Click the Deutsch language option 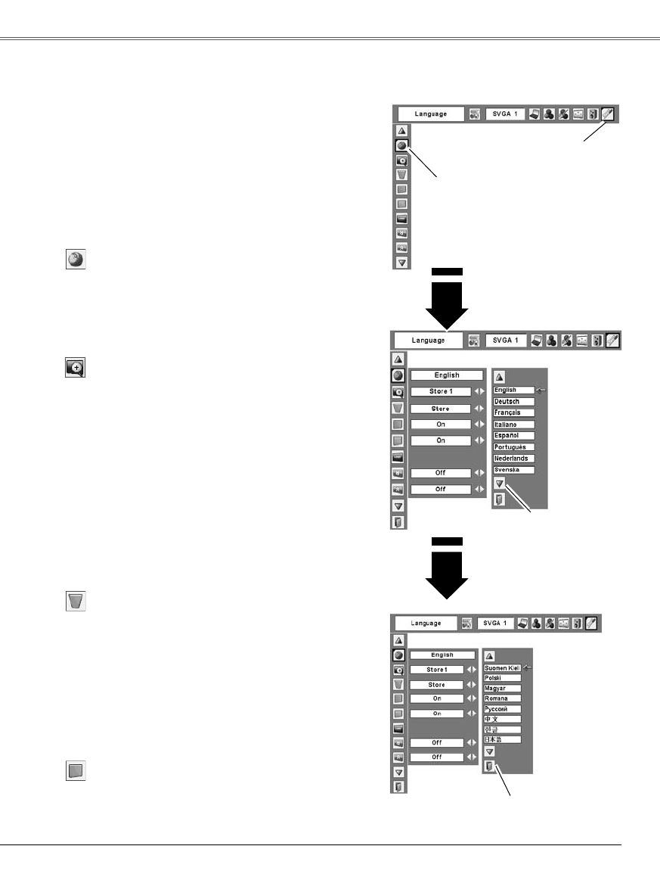[x=513, y=401]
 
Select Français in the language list [x=513, y=412]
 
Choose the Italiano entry [x=513, y=425]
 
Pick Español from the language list [x=513, y=436]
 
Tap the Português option [x=513, y=447]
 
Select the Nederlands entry [x=513, y=459]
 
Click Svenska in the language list [x=513, y=470]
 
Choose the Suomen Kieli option [x=503, y=668]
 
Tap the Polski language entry [x=503, y=679]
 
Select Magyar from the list [x=503, y=689]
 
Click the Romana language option [x=503, y=698]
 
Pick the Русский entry [x=503, y=709]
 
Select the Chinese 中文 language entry [x=503, y=719]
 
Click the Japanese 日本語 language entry [x=503, y=739]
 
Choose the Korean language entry [x=503, y=729]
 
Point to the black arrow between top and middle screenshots [x=447, y=299]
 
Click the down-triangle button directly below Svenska [x=499, y=483]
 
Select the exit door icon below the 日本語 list [x=489, y=767]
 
